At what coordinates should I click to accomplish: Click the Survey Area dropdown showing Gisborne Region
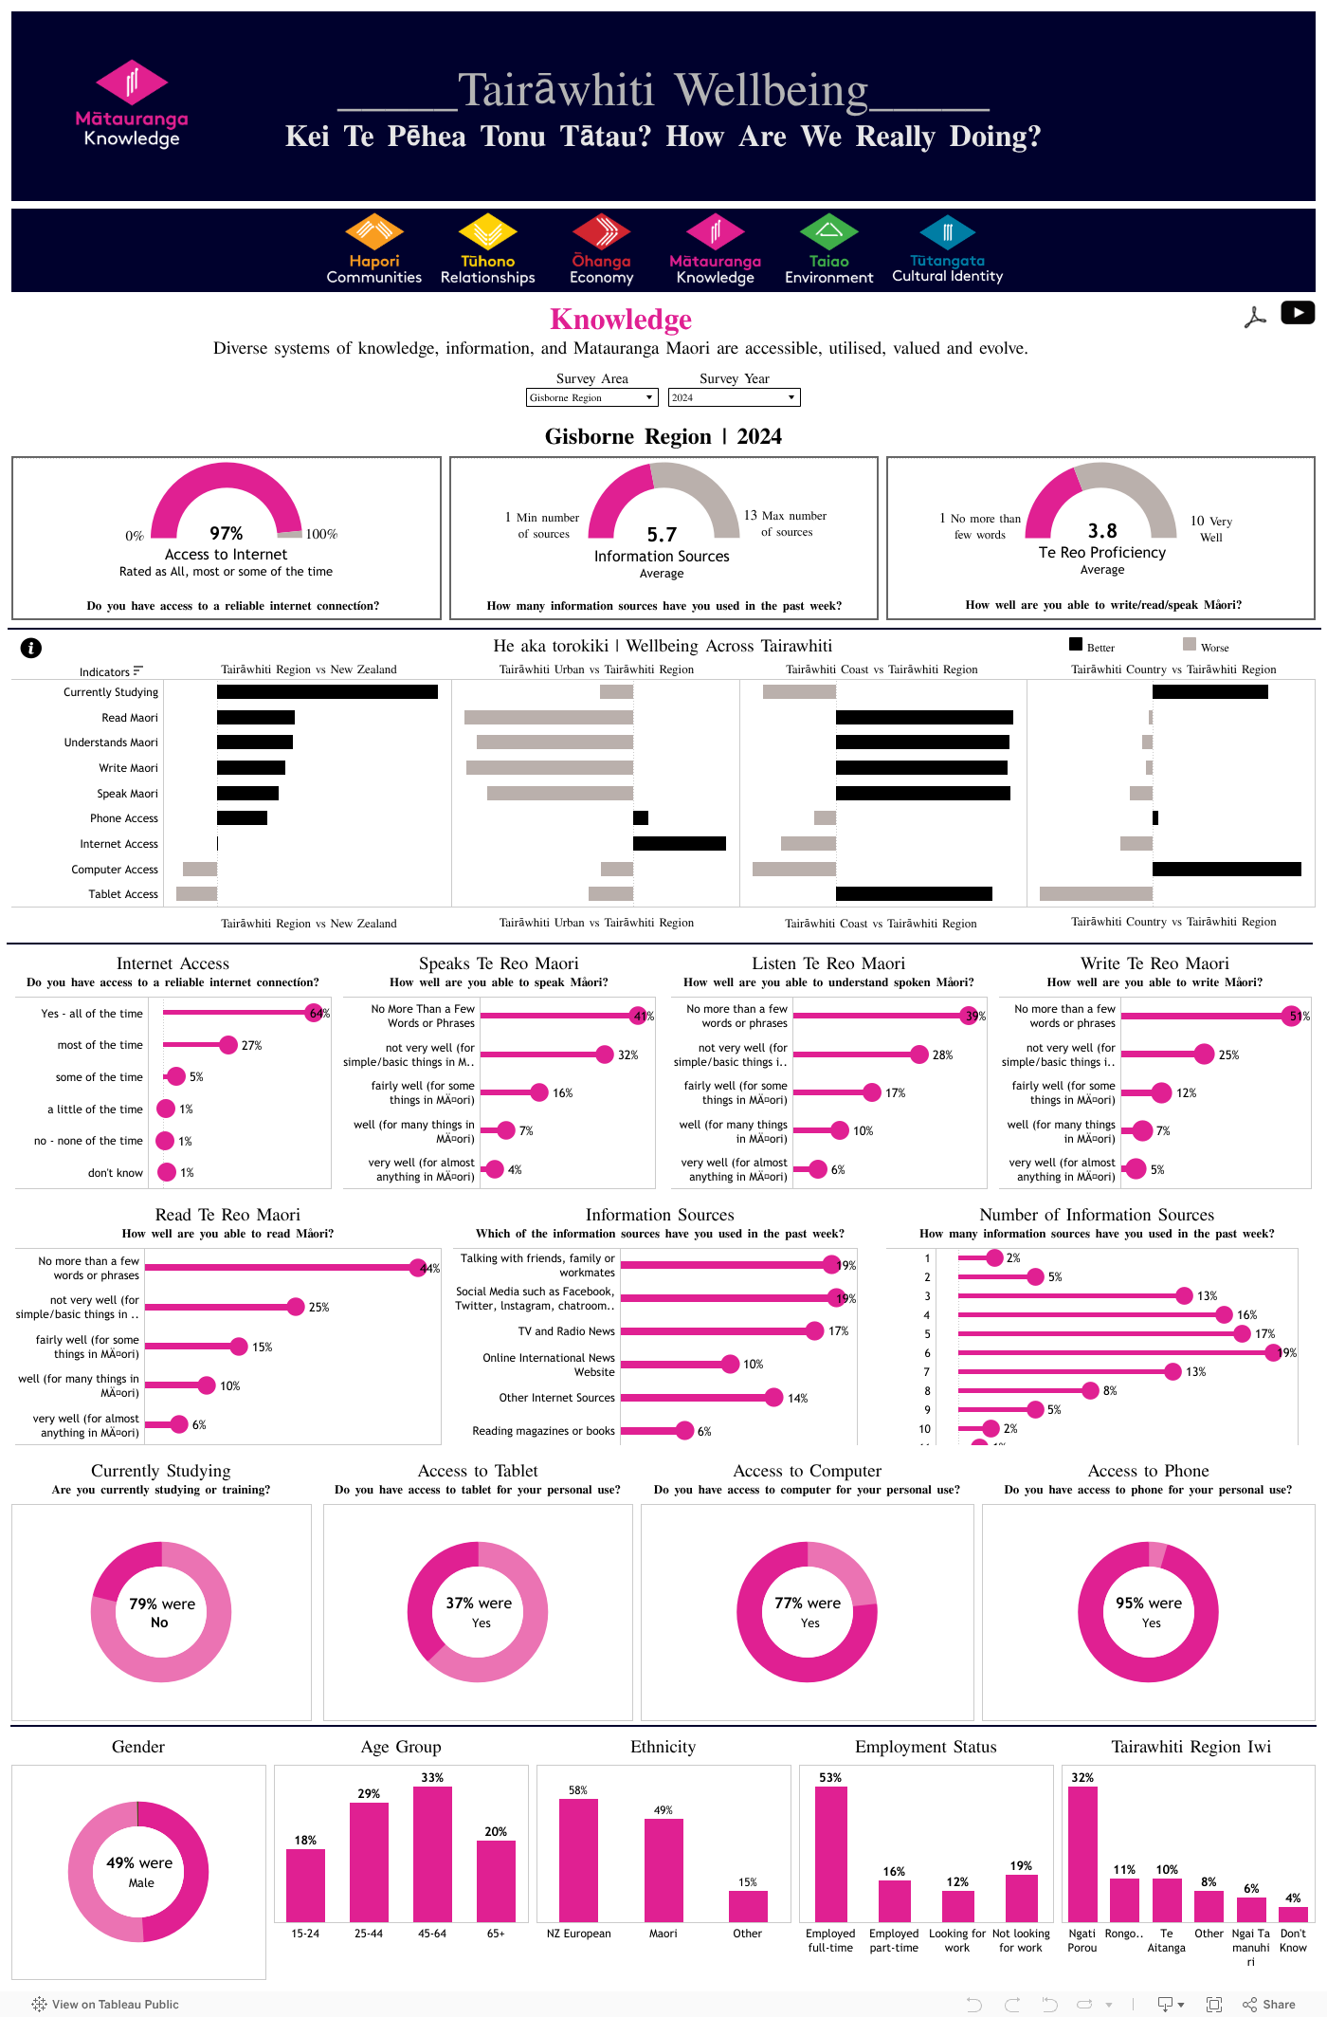[x=591, y=397]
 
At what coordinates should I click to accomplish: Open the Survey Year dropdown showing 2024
[x=734, y=397]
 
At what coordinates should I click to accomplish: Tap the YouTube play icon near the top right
[x=1297, y=312]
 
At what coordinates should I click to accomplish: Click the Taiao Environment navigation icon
[x=828, y=232]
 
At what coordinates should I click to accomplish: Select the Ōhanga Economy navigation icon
[x=601, y=232]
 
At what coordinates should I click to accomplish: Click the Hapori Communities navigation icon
[x=374, y=232]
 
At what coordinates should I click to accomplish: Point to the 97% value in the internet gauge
[x=227, y=534]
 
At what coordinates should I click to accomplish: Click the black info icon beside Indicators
[x=31, y=648]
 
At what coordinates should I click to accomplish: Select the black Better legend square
[x=1076, y=645]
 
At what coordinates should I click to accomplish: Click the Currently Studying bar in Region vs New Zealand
[x=327, y=692]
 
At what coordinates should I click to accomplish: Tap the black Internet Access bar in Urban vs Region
[x=679, y=844]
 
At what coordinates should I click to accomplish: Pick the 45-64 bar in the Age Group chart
[x=432, y=1854]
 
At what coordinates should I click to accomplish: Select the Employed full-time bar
[x=830, y=1854]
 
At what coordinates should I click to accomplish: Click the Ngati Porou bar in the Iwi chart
[x=1082, y=1854]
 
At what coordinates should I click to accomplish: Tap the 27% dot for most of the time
[x=228, y=1045]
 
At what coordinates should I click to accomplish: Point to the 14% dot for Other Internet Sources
[x=773, y=1398]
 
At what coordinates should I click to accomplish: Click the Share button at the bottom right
[x=1269, y=2004]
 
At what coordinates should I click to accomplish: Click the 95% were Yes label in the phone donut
[x=1149, y=1611]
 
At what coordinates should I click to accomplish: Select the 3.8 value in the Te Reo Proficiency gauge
[x=1102, y=531]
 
